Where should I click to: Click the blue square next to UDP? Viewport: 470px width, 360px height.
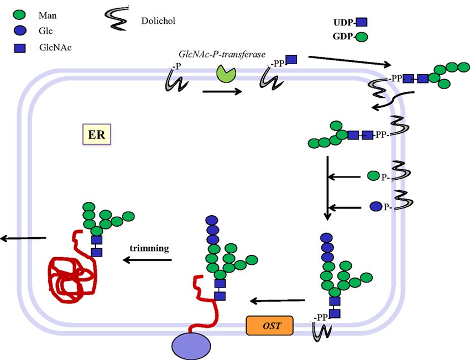pos(361,23)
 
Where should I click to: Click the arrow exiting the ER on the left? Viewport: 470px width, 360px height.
pos(23,238)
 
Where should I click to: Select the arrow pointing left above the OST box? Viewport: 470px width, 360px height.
pos(277,301)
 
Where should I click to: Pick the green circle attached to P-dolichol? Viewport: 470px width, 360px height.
pos(373,176)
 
